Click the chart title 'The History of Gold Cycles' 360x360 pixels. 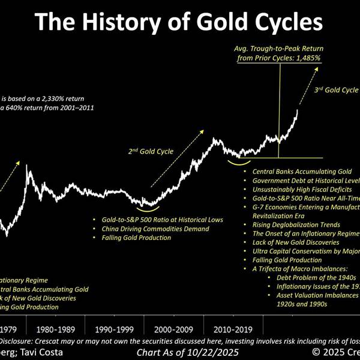click(x=179, y=23)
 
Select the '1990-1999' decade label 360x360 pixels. click(x=114, y=329)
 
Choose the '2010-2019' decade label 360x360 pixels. click(x=231, y=329)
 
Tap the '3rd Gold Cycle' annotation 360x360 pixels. click(x=336, y=91)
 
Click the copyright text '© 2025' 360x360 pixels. click(x=324, y=352)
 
